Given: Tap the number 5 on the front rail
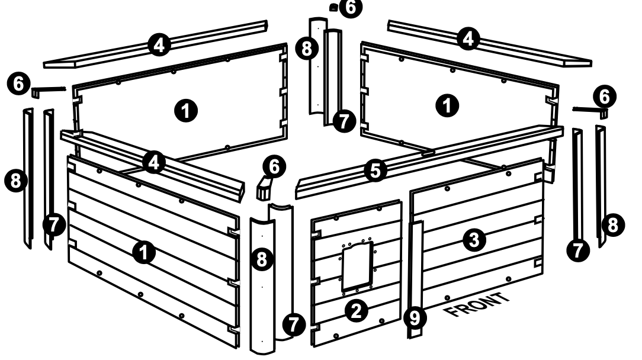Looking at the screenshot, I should [375, 171].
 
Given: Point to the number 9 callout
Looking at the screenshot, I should [414, 318].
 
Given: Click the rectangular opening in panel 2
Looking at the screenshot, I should [357, 268].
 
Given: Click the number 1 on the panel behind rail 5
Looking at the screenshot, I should [447, 105].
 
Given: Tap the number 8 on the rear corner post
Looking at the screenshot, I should [306, 48].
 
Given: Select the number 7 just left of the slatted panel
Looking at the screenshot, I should [53, 225].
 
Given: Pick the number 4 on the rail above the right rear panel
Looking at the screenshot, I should [468, 39].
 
